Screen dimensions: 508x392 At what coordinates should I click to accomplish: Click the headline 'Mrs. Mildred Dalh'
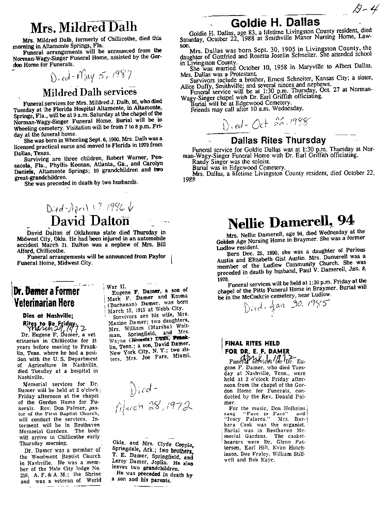84,26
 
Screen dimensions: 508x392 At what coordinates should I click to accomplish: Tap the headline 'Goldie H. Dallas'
275,23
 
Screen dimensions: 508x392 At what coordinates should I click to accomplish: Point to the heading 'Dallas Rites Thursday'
278,140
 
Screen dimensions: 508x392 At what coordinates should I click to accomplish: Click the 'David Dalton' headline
90,221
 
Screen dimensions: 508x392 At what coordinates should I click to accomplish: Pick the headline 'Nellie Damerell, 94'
291,222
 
